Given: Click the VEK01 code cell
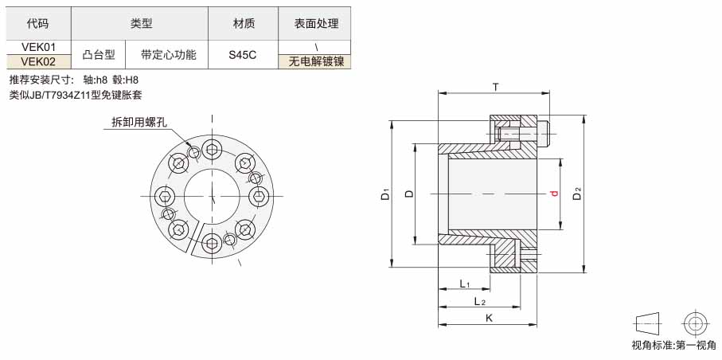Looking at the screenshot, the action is [x=39, y=47].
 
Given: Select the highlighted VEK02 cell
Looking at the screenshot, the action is [x=39, y=62].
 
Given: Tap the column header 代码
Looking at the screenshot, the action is [x=39, y=24].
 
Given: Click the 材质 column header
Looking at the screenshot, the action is [x=244, y=24].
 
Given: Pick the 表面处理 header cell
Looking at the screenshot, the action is [x=315, y=24].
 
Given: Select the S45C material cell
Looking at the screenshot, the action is [x=244, y=55].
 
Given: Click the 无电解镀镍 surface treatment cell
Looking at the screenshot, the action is [x=315, y=62].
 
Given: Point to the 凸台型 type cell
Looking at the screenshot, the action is [x=98, y=55].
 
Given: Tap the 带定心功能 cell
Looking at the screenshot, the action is [x=167, y=55].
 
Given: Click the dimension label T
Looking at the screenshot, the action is [x=495, y=87].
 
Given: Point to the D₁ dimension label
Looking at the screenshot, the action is [x=386, y=194].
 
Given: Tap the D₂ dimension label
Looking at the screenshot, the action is [x=577, y=194].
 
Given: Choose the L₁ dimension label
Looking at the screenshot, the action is [x=464, y=284].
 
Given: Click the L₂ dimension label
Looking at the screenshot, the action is [x=480, y=301].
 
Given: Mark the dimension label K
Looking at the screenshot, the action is [x=489, y=318].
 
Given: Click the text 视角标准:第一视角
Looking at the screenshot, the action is [x=674, y=345].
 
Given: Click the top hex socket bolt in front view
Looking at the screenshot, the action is [x=212, y=150].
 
